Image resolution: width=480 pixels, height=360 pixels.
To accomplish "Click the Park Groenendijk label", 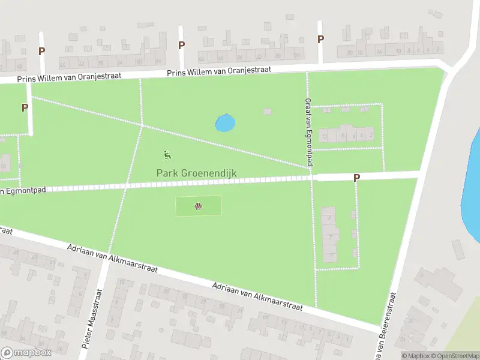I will coord(196,173).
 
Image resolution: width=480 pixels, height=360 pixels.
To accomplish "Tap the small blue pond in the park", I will coord(225,123).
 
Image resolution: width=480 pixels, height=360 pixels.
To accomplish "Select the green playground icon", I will coord(167,155).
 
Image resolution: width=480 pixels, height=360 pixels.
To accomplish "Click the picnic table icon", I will coord(198,207).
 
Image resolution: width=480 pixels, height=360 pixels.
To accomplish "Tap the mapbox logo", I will coord(26,353).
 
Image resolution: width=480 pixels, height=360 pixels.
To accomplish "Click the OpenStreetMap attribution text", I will coord(454,356).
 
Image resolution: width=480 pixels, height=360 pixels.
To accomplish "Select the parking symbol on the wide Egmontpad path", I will coord(356,178).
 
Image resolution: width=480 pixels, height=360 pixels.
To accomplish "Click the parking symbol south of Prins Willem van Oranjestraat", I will coord(25,108).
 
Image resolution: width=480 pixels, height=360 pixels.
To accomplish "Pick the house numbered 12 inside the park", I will coord(325,137).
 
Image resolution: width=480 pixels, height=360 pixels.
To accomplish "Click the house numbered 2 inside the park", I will coord(370,136).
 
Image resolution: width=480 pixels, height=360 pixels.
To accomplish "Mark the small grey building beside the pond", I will coord(267,111).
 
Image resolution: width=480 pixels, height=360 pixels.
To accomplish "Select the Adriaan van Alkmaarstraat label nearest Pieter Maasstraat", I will coord(112,258).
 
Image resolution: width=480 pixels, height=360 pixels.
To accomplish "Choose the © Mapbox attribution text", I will coord(417,356).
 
